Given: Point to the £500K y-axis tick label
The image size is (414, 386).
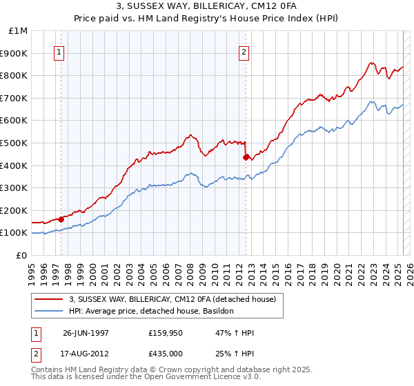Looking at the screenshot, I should (15, 143).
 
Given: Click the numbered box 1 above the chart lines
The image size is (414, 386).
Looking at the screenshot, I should (59, 50).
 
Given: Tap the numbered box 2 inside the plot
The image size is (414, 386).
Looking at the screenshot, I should (244, 50).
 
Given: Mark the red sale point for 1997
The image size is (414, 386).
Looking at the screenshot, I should (61, 219).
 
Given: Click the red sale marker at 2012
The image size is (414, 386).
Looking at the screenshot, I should (246, 157).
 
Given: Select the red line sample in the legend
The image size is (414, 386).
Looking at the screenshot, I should (48, 299).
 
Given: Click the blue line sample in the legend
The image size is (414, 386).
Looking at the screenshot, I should (48, 312).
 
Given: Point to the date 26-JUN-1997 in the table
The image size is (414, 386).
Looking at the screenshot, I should (86, 332).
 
